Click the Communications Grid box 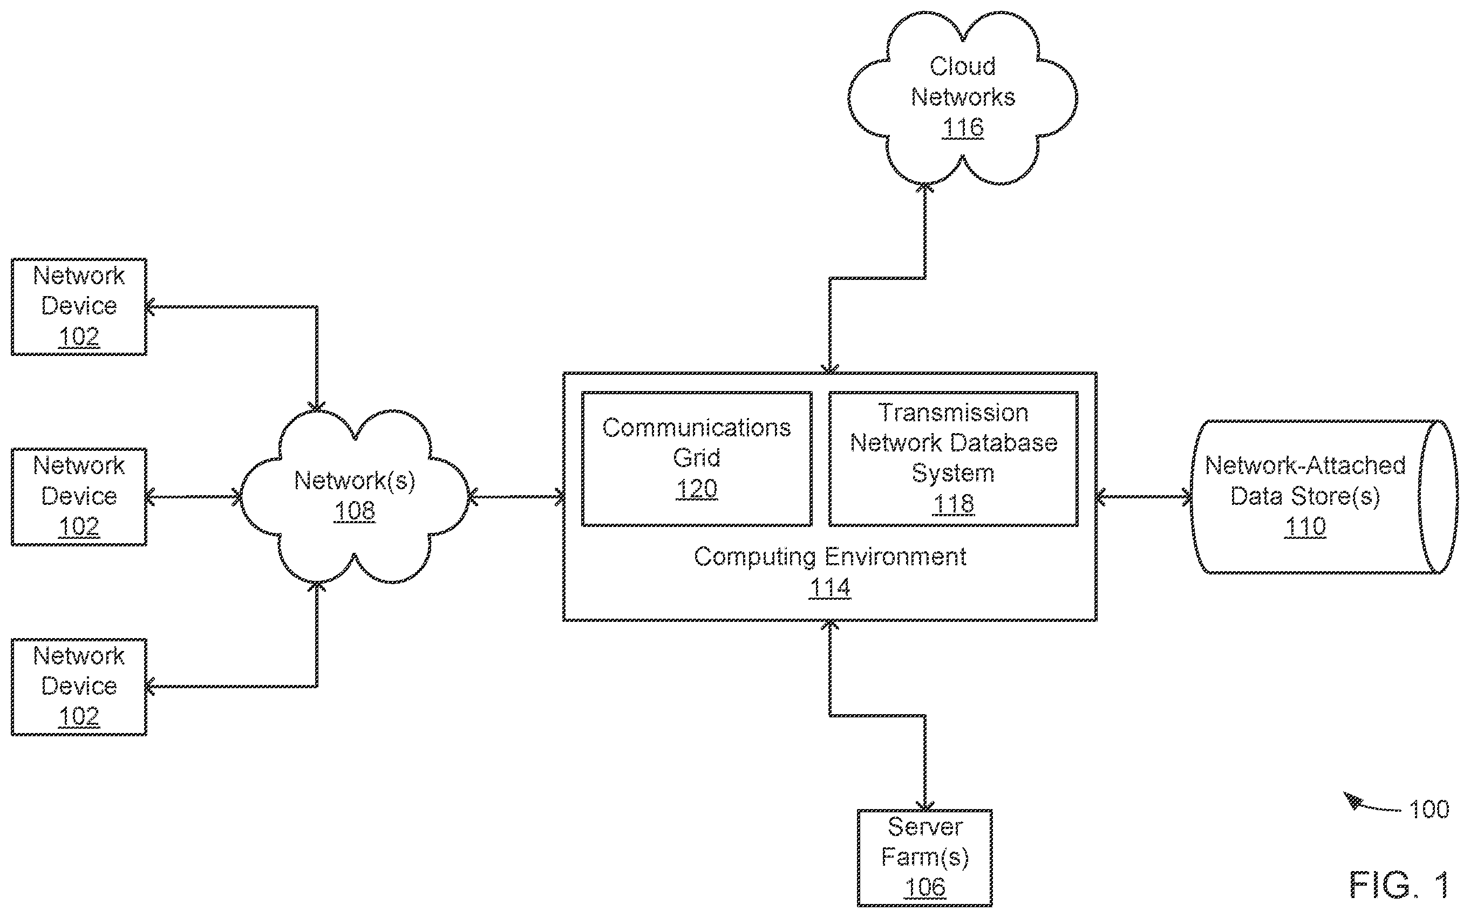(697, 458)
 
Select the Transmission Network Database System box (954, 458)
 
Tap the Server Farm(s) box (924, 857)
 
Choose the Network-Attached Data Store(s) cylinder (1324, 497)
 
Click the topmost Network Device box (79, 306)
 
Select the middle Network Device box (79, 497)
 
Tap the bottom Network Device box (79, 687)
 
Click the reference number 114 (830, 588)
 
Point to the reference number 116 (963, 127)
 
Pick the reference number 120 (697, 489)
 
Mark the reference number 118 (954, 504)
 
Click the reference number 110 (1305, 526)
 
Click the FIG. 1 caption (1399, 885)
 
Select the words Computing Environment (830, 557)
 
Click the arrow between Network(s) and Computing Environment (517, 497)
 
